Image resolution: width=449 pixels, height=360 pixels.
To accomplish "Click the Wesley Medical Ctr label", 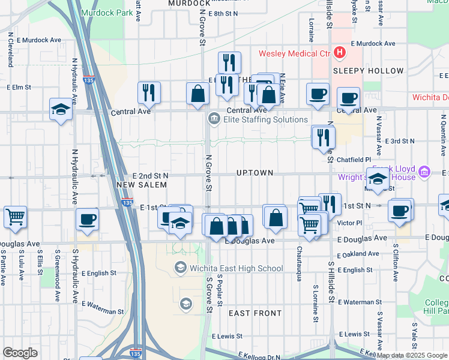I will point(295,53).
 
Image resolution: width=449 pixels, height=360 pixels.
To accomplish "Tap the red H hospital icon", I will point(340,53).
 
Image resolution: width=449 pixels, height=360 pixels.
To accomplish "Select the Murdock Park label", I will point(99,13).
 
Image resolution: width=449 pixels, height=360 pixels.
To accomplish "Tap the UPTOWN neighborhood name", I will point(255,173).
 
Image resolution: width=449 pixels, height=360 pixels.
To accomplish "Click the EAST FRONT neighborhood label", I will point(255,313).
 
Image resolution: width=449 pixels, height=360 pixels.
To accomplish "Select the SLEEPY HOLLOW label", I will point(360,71).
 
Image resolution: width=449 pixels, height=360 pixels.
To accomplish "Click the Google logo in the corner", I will point(20,352).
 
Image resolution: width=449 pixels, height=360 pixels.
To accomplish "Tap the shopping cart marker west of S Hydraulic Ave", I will point(16,217).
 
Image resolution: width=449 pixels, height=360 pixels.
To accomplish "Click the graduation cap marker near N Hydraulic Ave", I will point(61,109).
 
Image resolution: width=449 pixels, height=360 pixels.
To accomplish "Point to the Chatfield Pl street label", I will point(351,160).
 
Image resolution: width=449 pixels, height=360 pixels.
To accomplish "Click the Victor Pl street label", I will point(350,223).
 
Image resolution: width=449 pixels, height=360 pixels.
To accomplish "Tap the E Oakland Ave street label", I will point(359,254).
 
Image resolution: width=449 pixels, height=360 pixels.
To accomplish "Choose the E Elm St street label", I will point(19,87).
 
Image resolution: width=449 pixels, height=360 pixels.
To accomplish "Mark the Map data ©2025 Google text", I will point(412,355).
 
